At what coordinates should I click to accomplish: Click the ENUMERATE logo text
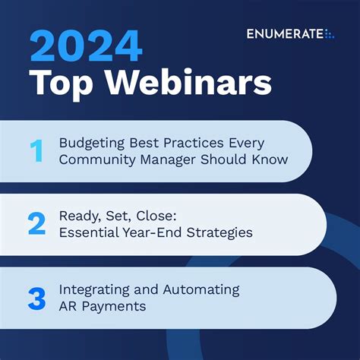coord(284,34)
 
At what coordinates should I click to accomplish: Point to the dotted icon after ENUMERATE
coord(329,34)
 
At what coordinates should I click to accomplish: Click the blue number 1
coord(36,152)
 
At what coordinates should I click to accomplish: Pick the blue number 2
coord(36,225)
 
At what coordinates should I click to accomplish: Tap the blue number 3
coord(36,298)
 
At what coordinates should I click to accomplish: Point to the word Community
coord(95,159)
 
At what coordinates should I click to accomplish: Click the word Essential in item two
coord(86,232)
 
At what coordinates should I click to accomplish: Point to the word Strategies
coord(216,232)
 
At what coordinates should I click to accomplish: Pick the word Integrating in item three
coord(92,290)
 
